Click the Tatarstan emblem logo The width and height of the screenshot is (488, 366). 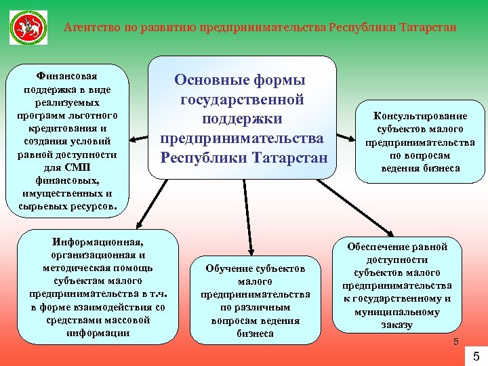[x=28, y=28]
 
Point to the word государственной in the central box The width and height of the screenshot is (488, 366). [x=242, y=100]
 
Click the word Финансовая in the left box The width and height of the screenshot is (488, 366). [x=66, y=77]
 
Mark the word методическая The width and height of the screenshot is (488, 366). [x=68, y=268]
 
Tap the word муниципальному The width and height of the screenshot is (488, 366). [x=397, y=312]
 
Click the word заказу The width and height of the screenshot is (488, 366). [x=397, y=325]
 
